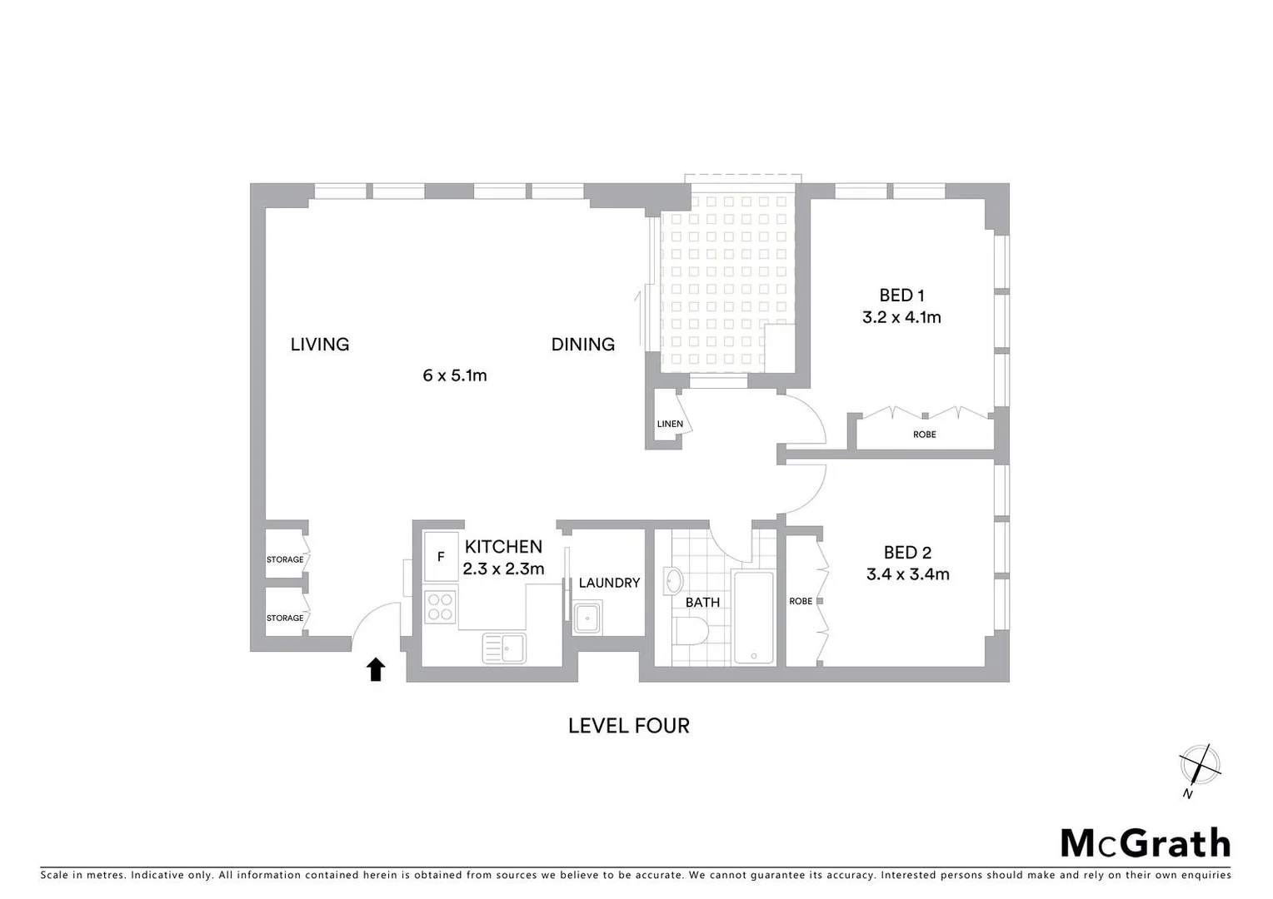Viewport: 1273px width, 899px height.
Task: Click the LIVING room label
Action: pos(319,345)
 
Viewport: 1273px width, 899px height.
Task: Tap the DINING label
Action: pos(582,345)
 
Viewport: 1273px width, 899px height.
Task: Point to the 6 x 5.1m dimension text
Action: pos(454,375)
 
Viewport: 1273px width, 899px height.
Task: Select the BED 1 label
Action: pos(901,296)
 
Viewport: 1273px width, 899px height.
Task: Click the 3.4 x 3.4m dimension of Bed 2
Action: pos(907,574)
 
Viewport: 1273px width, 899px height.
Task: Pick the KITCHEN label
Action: pos(503,547)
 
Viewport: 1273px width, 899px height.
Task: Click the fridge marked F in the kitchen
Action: pos(441,557)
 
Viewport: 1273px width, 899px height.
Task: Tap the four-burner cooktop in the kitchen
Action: pos(441,606)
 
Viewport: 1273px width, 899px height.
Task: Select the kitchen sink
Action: pos(504,648)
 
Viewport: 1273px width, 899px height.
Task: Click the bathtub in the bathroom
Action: pos(753,617)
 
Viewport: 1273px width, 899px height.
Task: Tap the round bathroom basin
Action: pos(673,580)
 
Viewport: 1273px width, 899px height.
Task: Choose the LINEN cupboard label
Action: pos(670,424)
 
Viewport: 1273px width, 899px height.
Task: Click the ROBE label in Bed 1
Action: pos(924,435)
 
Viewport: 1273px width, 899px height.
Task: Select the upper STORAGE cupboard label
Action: pos(285,559)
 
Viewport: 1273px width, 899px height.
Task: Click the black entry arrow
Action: pos(376,668)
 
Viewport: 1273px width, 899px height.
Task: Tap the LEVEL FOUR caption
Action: pos(628,726)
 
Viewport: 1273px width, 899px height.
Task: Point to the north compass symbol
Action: pos(1199,765)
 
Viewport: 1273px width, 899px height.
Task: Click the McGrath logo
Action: pos(1145,843)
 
